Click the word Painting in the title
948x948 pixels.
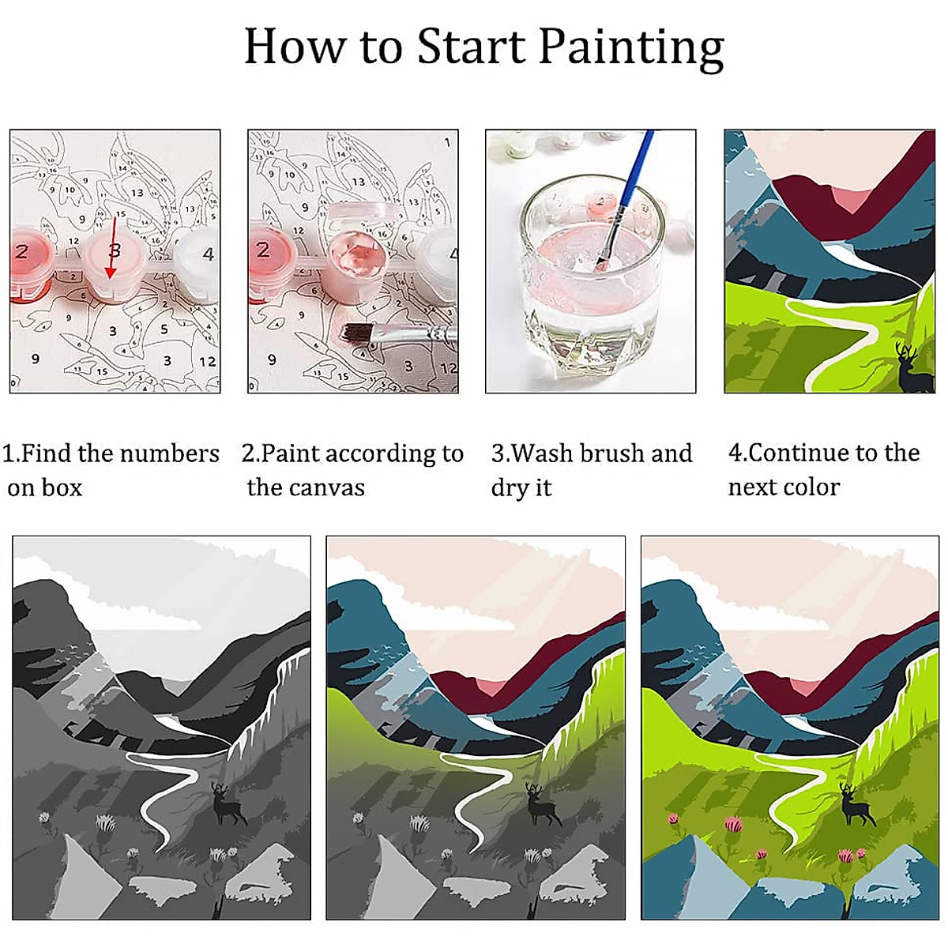coord(631,47)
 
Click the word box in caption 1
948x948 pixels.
coord(63,487)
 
